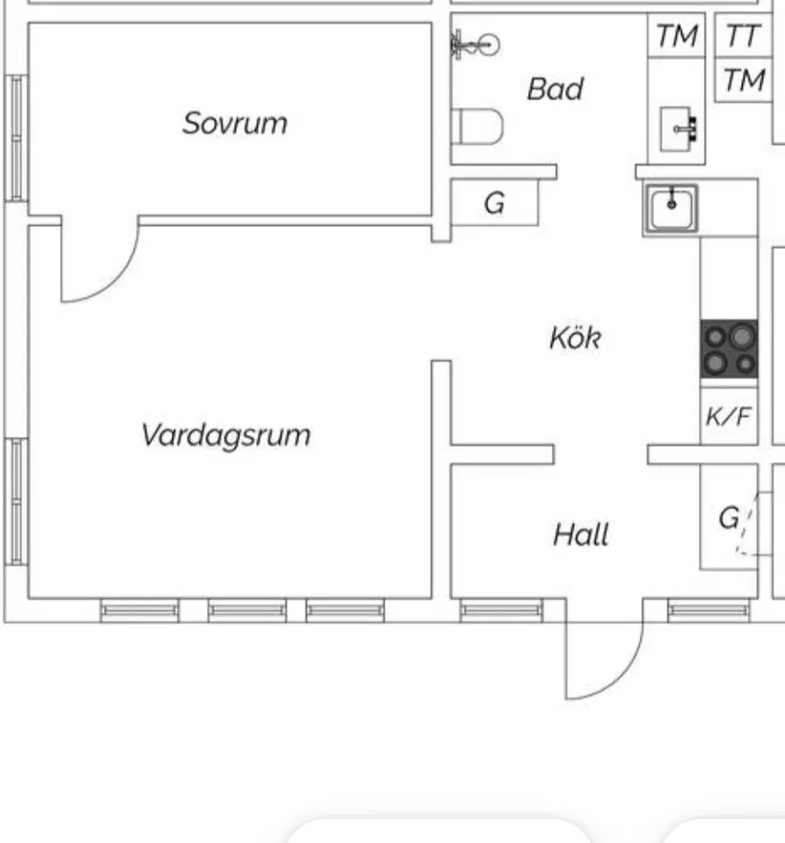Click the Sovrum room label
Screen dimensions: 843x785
click(x=235, y=123)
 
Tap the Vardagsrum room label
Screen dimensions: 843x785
click(x=226, y=435)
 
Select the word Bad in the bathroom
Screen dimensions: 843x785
click(x=554, y=89)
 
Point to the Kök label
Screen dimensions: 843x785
click(x=575, y=338)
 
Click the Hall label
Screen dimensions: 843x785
click(x=581, y=534)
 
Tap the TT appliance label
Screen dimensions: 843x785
click(x=744, y=37)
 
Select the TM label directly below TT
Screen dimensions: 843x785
click(x=744, y=81)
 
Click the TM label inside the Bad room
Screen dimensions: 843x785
click(x=676, y=37)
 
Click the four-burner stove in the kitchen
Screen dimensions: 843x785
click(x=729, y=349)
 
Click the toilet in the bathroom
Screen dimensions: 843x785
click(x=477, y=126)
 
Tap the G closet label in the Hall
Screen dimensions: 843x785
click(x=729, y=519)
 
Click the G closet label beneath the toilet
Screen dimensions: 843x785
click(x=495, y=204)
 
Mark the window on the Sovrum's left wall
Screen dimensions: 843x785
click(x=16, y=138)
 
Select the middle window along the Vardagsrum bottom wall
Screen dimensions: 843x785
click(x=246, y=610)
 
